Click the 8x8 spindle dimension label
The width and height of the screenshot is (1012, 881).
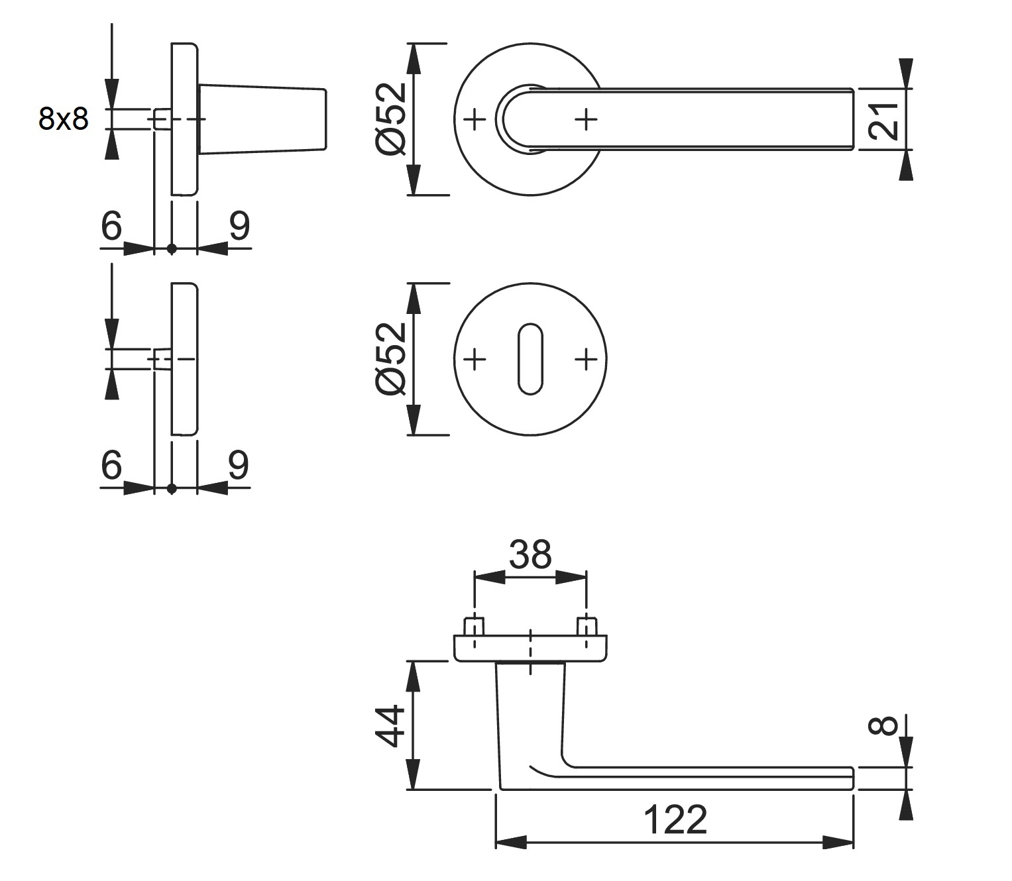tap(63, 119)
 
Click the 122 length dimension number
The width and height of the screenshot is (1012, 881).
tap(675, 820)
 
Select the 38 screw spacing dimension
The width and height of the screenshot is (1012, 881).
tap(530, 554)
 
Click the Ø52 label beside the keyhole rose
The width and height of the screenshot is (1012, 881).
tap(391, 359)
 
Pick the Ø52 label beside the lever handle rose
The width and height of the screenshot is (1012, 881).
tap(391, 120)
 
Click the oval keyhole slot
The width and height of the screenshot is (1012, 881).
tap(530, 359)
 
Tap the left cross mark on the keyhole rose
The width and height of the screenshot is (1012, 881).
tap(475, 360)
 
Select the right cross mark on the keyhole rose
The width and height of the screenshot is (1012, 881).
tap(586, 360)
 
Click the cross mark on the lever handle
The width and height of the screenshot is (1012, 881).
tap(586, 120)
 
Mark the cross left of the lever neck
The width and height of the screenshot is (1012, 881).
tap(475, 120)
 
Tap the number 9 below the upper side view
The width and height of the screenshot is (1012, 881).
tap(239, 226)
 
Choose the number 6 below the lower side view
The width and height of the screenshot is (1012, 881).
tap(112, 465)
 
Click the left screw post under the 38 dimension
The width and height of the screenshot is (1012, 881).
tap(475, 627)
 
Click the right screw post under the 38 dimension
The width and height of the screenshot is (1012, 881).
tap(586, 627)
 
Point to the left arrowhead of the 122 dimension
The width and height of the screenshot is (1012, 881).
tap(510, 843)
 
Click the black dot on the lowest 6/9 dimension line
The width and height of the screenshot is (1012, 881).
tap(172, 489)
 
